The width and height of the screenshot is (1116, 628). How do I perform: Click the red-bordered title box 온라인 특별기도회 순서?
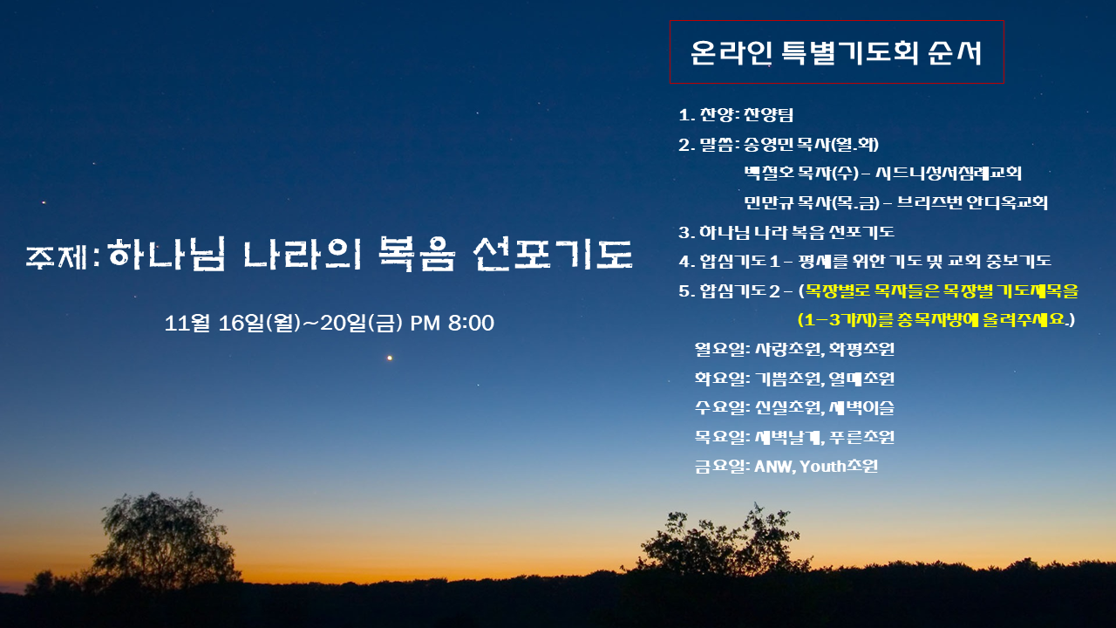tap(836, 51)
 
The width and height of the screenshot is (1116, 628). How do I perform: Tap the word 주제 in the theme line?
tap(57, 256)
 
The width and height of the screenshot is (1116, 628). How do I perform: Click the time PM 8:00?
tap(452, 323)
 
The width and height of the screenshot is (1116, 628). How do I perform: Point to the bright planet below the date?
tap(390, 358)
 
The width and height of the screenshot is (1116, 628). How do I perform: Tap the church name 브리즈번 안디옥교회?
tap(972, 203)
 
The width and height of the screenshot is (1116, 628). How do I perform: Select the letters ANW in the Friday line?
tap(775, 467)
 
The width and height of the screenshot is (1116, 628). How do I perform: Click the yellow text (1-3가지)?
tap(837, 320)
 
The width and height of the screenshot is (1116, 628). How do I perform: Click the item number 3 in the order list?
tap(684, 232)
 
